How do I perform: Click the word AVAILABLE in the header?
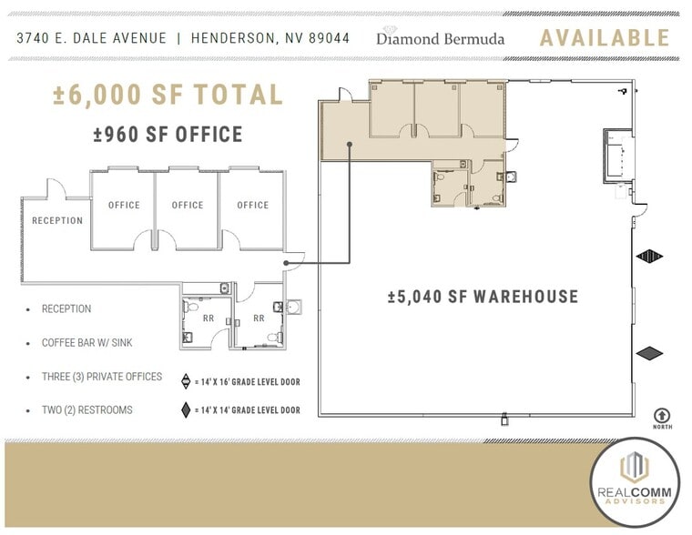click(605, 38)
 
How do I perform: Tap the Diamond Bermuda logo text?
click(441, 39)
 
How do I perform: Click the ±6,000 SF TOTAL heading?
click(168, 95)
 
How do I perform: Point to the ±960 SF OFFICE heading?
click(168, 136)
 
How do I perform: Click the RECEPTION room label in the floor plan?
click(57, 221)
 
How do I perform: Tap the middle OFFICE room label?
click(188, 206)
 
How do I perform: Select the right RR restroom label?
click(259, 318)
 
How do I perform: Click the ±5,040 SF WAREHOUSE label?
click(483, 297)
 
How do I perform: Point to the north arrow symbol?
click(661, 414)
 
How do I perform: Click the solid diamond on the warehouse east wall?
click(650, 353)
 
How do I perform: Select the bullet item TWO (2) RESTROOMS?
click(86, 410)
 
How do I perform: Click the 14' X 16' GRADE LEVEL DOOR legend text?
click(248, 382)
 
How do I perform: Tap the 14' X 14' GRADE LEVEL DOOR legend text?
click(248, 410)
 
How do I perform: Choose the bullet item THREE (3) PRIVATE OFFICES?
click(101, 377)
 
